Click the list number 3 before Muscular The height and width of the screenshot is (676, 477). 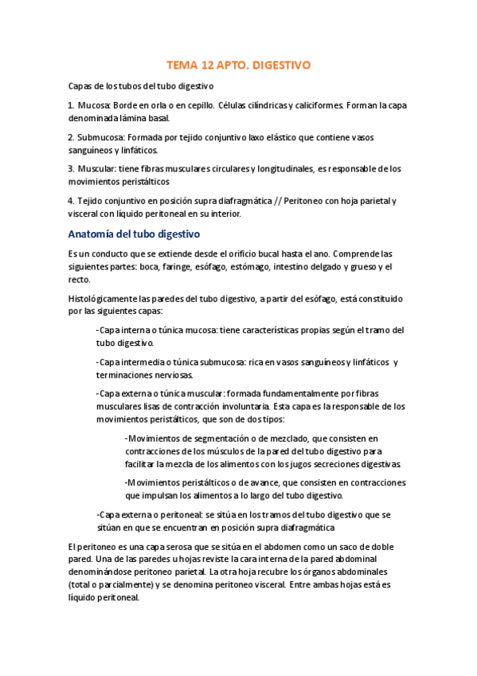pyautogui.click(x=70, y=169)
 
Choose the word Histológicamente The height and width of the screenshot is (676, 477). pyautogui.click(x=109, y=298)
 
